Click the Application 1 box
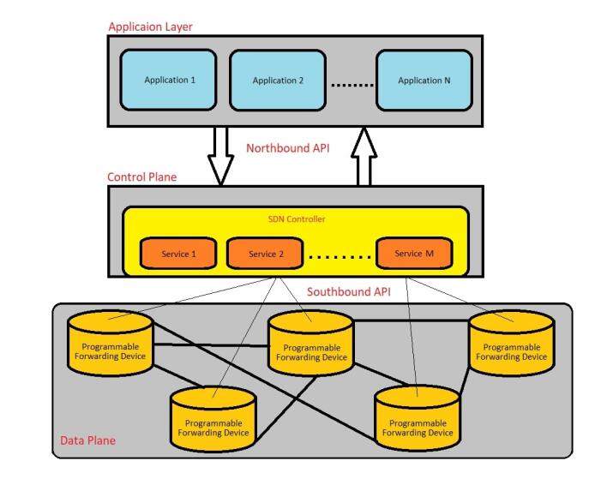pos(170,80)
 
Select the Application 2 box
pos(278,81)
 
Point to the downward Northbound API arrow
pos(222,155)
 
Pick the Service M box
pos(414,254)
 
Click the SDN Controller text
pos(297,219)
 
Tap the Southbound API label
pos(348,291)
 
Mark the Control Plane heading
pos(141,177)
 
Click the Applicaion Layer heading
pos(150,27)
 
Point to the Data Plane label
pos(87,441)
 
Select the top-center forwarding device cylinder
pos(310,344)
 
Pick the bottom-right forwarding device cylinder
pos(418,420)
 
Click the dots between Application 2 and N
pos(352,83)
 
